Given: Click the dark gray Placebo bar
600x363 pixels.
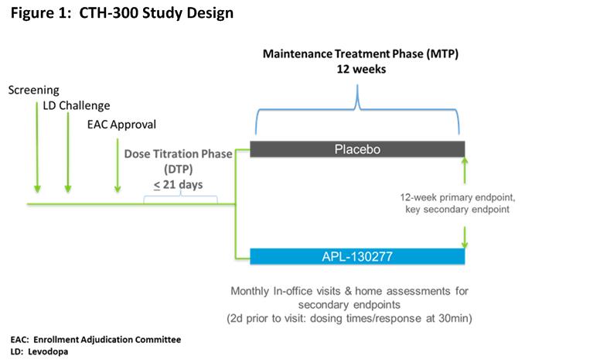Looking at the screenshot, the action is click(357, 149).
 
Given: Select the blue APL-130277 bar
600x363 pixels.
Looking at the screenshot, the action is click(357, 256).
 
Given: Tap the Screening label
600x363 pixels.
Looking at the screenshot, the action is click(34, 91).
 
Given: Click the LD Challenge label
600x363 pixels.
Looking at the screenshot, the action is click(76, 105).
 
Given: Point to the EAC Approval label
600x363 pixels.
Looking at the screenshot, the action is click(121, 125).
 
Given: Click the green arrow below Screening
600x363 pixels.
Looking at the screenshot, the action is click(37, 147).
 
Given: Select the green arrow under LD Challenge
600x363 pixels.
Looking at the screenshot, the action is click(68, 152).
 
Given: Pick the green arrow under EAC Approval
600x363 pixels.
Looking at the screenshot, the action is click(118, 166).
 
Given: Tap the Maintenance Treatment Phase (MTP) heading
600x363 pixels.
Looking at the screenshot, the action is click(360, 53).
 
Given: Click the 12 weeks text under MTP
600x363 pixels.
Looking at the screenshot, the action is click(361, 70).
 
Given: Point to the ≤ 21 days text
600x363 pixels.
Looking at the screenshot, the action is click(179, 184).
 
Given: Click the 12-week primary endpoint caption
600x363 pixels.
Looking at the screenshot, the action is click(458, 204).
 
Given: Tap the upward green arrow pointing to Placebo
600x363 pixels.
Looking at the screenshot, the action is click(465, 170).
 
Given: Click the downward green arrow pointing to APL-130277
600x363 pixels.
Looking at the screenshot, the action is click(465, 238).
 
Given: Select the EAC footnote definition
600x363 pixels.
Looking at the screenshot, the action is click(96, 340).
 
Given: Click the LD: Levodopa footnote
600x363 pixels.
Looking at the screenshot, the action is click(39, 351).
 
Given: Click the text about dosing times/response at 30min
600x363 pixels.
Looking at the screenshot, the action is click(349, 319).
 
